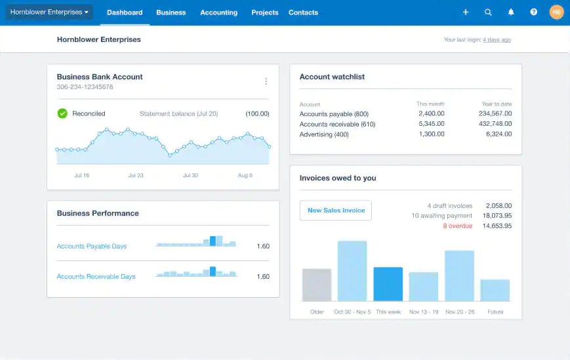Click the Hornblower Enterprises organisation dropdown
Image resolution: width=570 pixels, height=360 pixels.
tap(49, 12)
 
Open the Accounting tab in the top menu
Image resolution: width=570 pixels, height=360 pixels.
tap(218, 12)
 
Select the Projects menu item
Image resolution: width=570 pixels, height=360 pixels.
tap(264, 12)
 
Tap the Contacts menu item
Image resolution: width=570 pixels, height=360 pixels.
tap(303, 12)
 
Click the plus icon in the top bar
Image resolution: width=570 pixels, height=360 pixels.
tap(466, 12)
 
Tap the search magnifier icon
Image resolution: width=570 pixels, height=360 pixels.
tap(488, 12)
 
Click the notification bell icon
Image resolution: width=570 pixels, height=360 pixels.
tap(511, 12)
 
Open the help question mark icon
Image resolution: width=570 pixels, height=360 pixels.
tap(533, 12)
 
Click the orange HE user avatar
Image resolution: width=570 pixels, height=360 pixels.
tap(556, 12)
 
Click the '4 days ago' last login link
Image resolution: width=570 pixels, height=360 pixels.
tap(497, 40)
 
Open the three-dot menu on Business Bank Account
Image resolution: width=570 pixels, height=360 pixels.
tap(266, 81)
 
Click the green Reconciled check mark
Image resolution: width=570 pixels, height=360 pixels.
tap(62, 113)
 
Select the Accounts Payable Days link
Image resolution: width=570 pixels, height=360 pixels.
tap(92, 247)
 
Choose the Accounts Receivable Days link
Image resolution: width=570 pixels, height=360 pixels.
tap(96, 277)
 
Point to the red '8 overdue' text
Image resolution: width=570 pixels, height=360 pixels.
tap(457, 226)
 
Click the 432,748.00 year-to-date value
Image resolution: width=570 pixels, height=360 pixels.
tap(495, 124)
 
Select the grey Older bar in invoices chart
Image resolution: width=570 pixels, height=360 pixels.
tap(317, 285)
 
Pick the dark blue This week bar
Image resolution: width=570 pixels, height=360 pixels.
tap(388, 284)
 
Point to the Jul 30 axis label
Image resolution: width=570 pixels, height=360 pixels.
tap(190, 176)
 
